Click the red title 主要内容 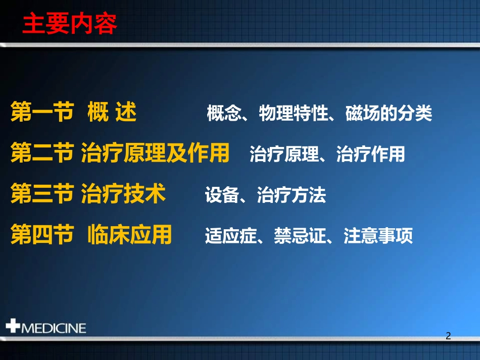pos(70,24)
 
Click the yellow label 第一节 pos(42,112)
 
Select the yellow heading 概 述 pos(112,112)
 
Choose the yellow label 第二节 pos(42,153)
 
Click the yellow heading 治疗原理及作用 pos(155,153)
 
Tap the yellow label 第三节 pos(42,194)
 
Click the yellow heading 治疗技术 pos(123,194)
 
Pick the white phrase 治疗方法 pos(292,195)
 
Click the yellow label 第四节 pos(42,235)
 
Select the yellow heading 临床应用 pos(129,235)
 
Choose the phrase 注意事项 pos(378,236)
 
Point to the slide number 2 pos(448,336)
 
